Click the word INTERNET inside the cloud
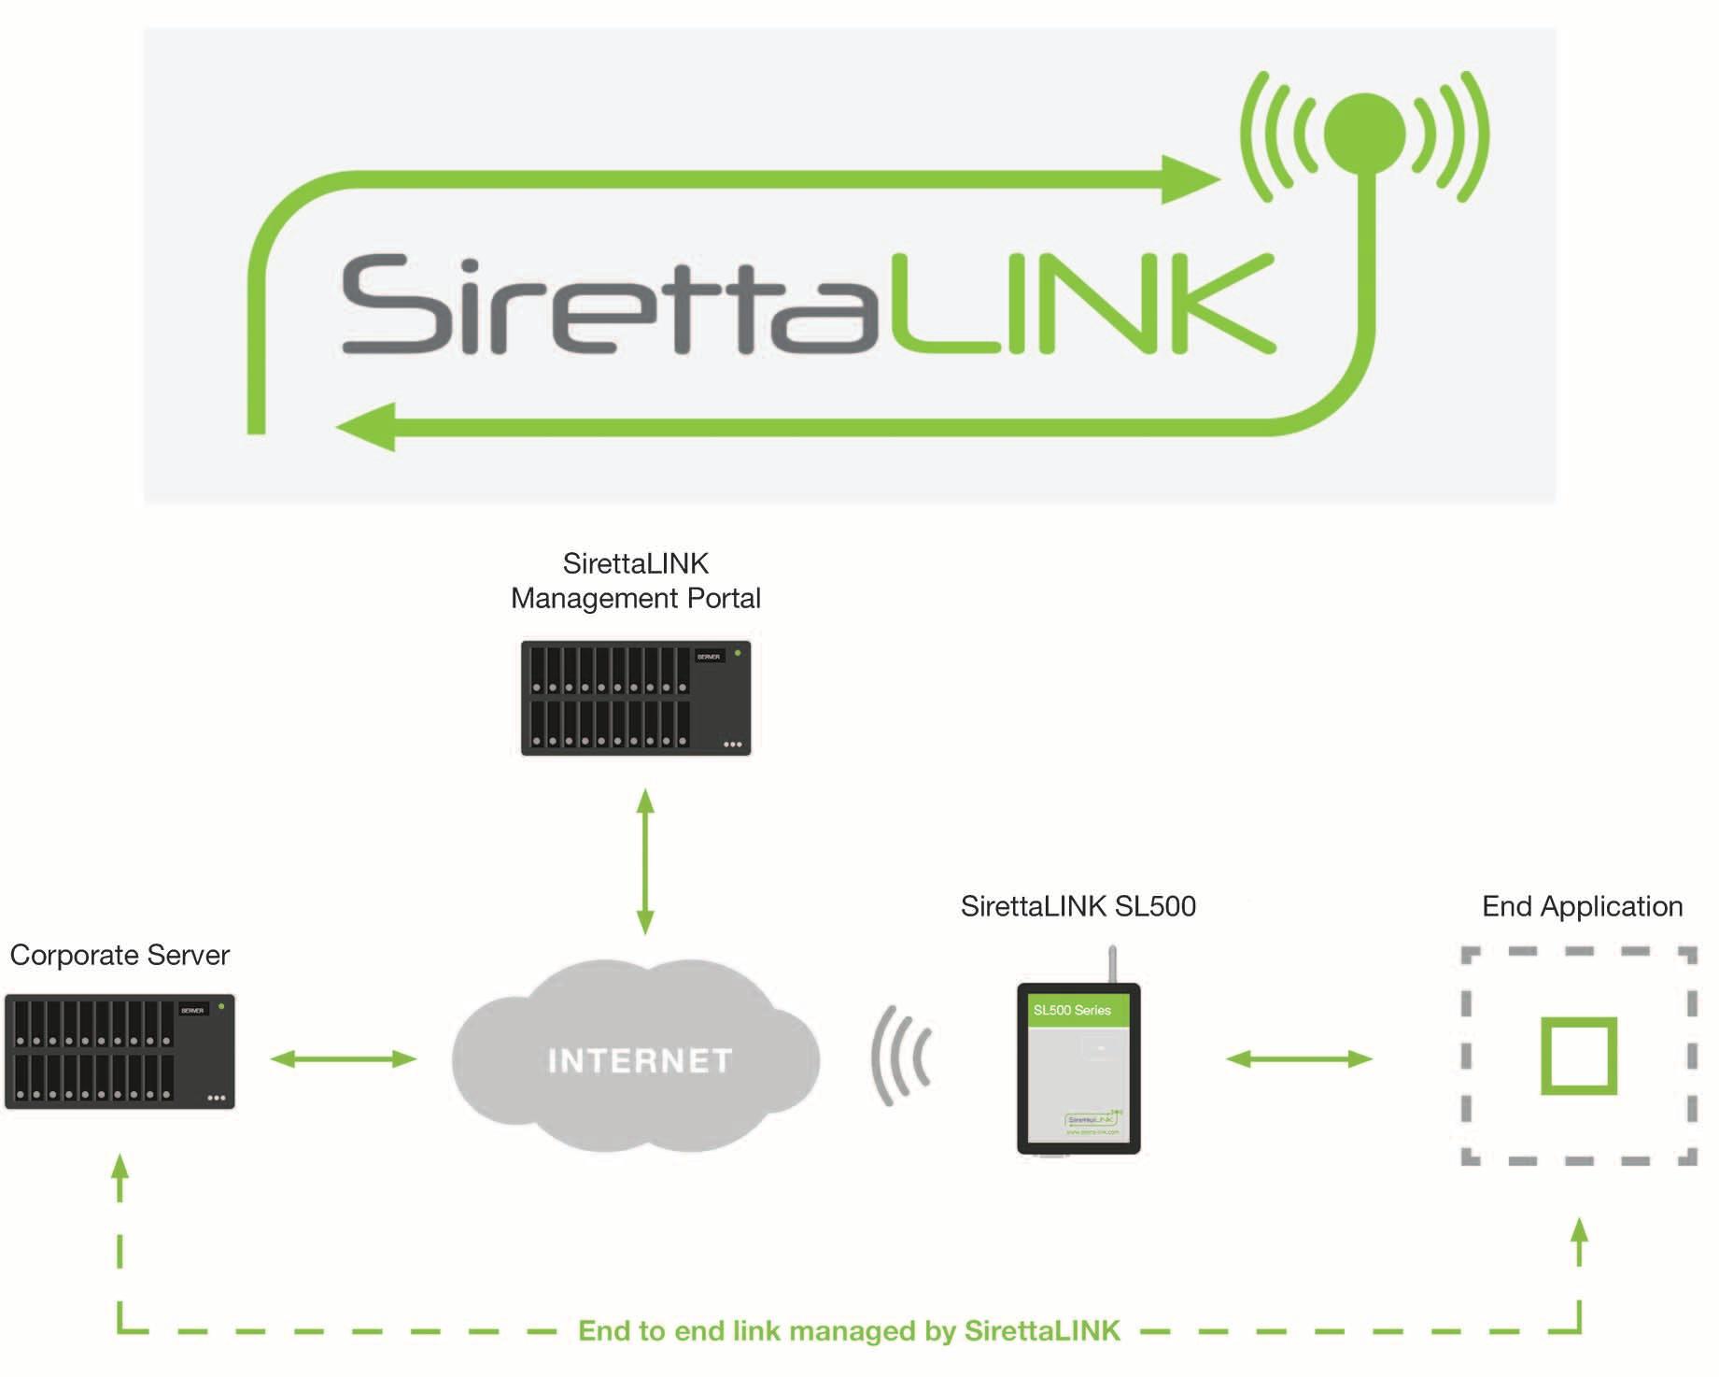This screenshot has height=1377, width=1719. [640, 1060]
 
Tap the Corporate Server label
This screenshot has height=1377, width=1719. [120, 955]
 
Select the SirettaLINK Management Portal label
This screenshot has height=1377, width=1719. [636, 581]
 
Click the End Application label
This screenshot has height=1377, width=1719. [1582, 906]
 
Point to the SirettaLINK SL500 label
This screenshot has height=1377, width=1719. [1078, 906]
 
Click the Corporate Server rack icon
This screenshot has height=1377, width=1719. [120, 1052]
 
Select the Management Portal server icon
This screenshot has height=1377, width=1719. [636, 698]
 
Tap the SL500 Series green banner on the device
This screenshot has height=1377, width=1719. [1078, 1010]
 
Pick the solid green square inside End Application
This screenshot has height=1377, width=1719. [1578, 1056]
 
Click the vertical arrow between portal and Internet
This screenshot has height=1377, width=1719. [645, 861]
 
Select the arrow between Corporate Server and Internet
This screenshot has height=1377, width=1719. [344, 1058]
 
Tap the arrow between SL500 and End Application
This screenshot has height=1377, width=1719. [1299, 1058]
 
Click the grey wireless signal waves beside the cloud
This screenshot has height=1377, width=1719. [901, 1056]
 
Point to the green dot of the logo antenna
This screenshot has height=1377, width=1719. [1364, 134]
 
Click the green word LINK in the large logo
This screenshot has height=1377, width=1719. [1083, 305]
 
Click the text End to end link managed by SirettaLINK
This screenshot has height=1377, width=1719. [849, 1330]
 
